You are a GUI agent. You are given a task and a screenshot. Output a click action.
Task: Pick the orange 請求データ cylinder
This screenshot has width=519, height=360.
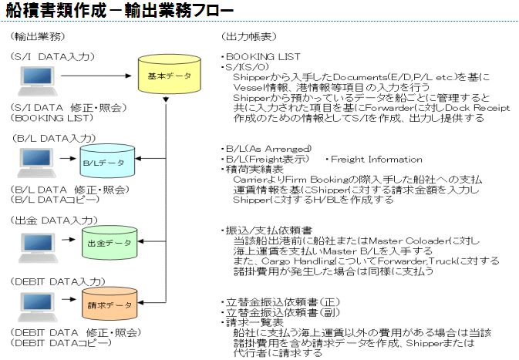coord(108,306)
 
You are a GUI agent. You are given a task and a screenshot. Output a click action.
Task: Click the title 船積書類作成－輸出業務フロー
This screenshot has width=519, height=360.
coord(116,12)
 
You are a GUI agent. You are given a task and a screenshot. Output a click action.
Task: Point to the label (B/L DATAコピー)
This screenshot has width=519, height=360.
coord(49,199)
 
